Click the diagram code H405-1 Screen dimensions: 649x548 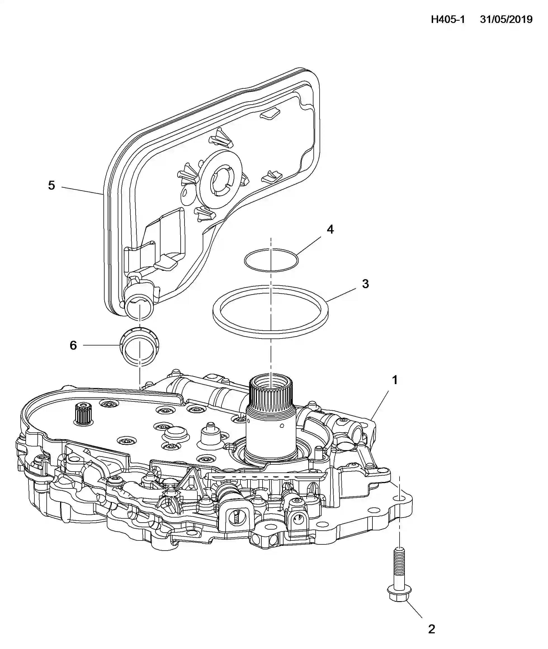click(x=447, y=20)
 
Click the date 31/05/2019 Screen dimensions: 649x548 click(x=506, y=20)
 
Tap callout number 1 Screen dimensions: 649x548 click(x=395, y=380)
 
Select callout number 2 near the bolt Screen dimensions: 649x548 click(x=431, y=629)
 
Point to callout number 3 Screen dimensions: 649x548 click(x=365, y=283)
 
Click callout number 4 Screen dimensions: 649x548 click(x=330, y=229)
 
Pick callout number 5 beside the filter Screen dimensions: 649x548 click(x=51, y=185)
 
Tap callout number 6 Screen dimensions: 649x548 click(x=73, y=345)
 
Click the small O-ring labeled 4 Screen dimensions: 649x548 click(x=271, y=260)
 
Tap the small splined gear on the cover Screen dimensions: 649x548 click(x=83, y=413)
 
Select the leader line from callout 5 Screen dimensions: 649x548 click(x=82, y=191)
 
